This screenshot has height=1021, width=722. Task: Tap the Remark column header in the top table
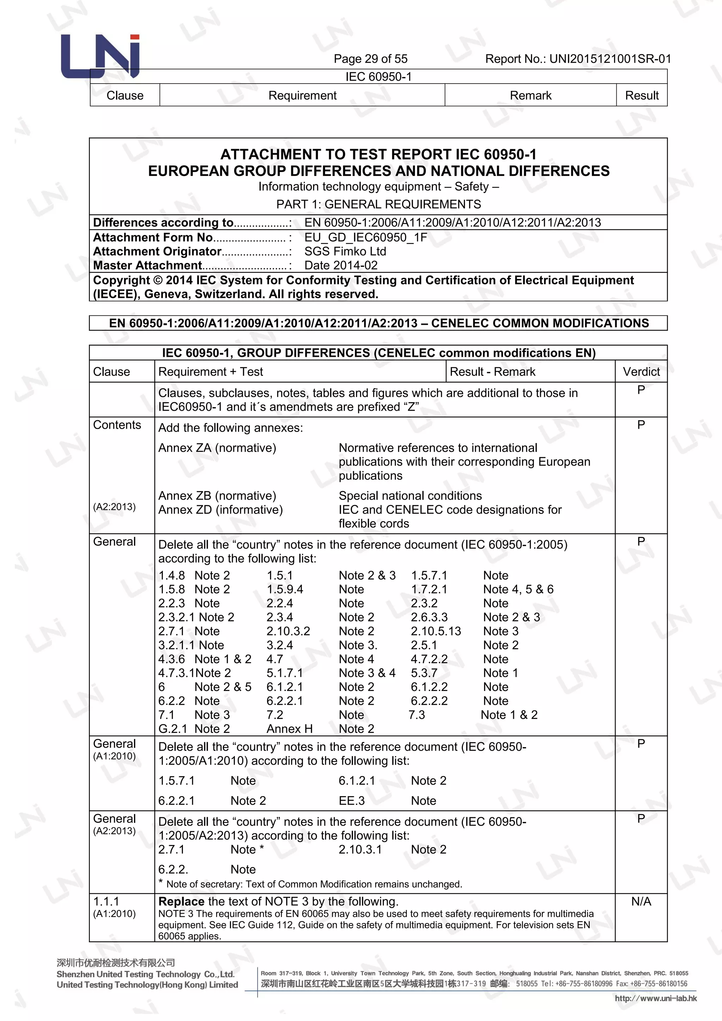pos(530,96)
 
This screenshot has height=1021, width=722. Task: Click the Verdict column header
pos(641,372)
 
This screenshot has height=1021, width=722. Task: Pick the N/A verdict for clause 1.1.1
pos(641,902)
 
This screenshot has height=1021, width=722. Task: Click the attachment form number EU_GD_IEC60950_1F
pos(366,238)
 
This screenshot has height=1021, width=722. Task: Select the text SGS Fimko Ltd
pos(345,251)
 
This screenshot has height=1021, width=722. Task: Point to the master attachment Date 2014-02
pos(341,265)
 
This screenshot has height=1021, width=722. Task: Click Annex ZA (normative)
pos(217,448)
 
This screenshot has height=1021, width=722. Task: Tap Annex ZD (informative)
pos(220,509)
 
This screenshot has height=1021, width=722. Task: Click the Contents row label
pos(117,425)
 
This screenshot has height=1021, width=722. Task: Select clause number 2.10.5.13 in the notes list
pos(436,631)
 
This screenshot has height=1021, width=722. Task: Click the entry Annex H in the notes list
pos(289,729)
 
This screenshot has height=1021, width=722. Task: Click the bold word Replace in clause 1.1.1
pos(181,902)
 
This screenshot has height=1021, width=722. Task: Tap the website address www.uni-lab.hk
pos(655,998)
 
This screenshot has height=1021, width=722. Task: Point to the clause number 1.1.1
pos(106,902)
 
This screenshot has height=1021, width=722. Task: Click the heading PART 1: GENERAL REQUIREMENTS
pos(378,204)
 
